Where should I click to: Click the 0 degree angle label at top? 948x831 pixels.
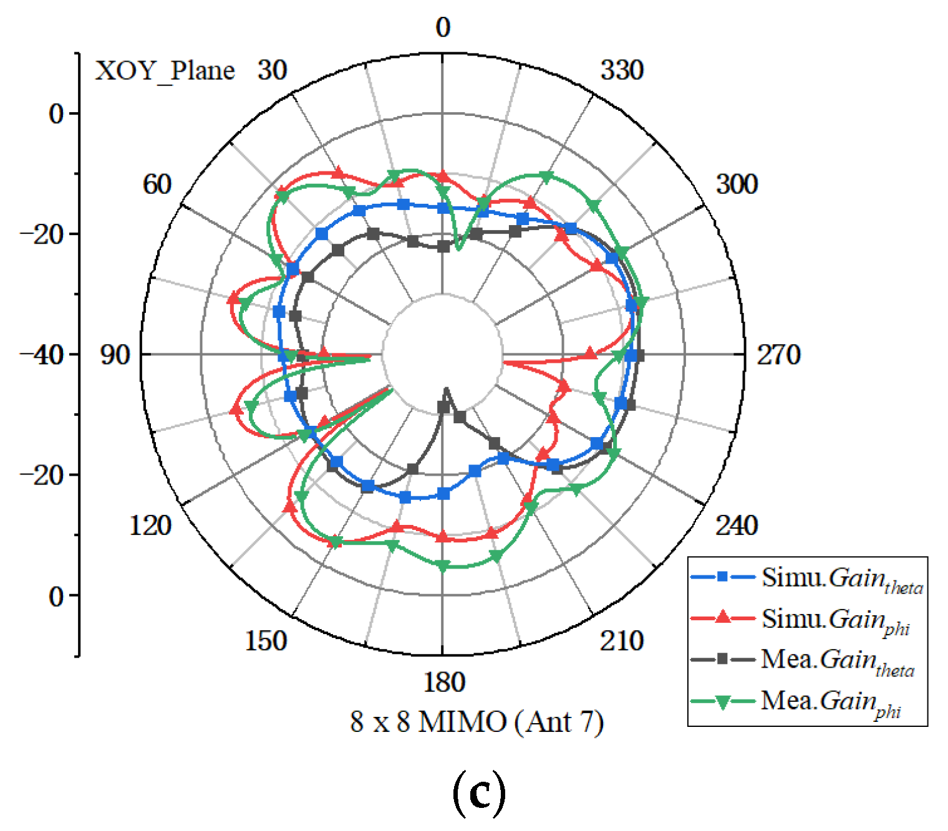443,27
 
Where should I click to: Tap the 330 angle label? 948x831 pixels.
622,70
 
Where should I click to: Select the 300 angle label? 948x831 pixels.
737,184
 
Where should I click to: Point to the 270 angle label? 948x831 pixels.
778,355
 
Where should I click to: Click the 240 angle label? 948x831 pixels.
737,526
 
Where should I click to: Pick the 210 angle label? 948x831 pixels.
622,640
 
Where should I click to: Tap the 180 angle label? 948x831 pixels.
444,682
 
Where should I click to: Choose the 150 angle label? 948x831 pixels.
266,640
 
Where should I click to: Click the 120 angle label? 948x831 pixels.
150,526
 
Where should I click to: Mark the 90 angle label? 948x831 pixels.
115,355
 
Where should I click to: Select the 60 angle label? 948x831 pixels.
157,184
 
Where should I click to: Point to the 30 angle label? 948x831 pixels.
273,70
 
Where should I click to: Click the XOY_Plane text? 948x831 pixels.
165,71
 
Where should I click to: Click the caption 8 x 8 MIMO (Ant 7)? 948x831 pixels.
477,722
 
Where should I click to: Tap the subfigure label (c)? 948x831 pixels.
478,793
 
